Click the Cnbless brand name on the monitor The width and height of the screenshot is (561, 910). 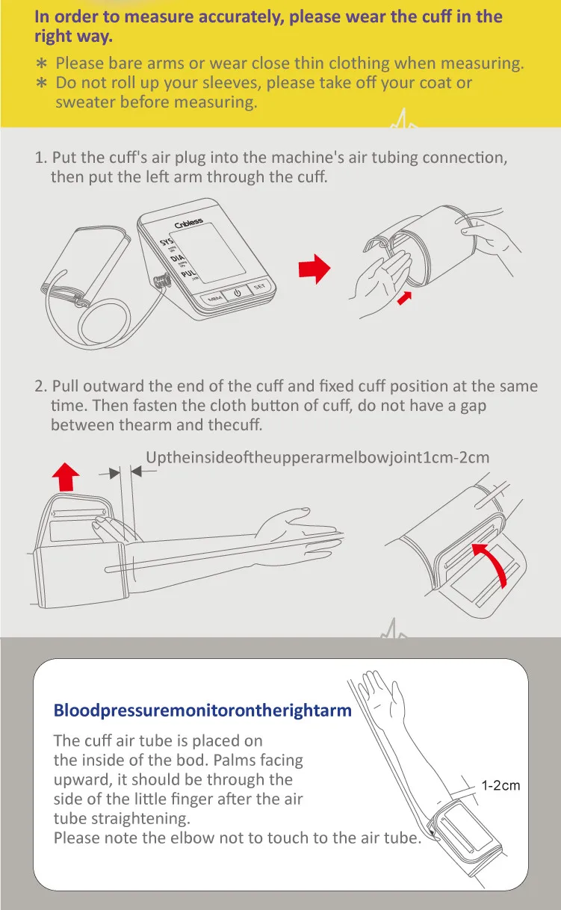[188, 223]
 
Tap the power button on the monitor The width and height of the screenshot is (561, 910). [238, 293]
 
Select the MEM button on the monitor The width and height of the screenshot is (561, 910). [214, 299]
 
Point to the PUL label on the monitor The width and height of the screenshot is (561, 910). [188, 273]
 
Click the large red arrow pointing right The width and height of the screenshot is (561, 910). [314, 269]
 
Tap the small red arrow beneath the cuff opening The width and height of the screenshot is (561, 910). [404, 297]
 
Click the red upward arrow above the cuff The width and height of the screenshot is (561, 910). [66, 477]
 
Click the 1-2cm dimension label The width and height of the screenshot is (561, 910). [500, 785]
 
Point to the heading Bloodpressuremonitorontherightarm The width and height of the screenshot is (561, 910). [202, 711]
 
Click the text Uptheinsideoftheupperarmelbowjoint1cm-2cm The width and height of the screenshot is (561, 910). [317, 457]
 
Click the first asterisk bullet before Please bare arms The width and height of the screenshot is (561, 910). [41, 64]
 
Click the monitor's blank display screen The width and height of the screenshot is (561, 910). [208, 253]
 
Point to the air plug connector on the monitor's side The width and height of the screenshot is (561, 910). [161, 281]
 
